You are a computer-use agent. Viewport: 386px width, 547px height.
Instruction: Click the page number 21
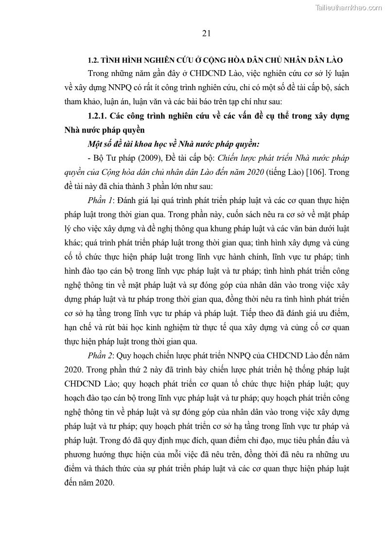point(205,33)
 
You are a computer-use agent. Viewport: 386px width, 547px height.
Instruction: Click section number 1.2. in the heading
point(93,60)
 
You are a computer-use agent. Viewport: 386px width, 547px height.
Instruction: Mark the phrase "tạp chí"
point(246,102)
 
